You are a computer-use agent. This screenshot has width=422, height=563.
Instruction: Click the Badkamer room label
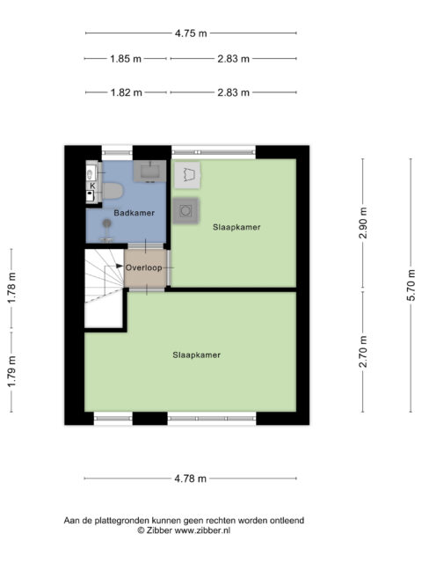click(x=135, y=213)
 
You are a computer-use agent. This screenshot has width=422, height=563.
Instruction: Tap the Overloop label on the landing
click(x=143, y=267)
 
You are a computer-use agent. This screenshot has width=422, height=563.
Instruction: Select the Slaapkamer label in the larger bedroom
click(x=197, y=355)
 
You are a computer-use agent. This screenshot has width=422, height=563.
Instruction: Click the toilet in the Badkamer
click(x=113, y=191)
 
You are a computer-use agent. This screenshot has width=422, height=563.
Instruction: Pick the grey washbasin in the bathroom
click(x=150, y=172)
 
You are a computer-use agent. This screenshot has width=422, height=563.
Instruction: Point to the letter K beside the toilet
click(x=92, y=186)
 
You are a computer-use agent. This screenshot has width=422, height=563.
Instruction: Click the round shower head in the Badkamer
click(x=106, y=223)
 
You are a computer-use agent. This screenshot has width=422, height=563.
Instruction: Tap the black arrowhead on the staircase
click(x=120, y=266)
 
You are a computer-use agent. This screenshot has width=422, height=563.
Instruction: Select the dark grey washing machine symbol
click(x=186, y=210)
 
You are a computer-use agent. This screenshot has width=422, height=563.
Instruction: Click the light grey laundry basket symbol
click(x=187, y=175)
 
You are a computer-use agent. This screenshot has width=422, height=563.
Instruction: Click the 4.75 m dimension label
click(x=191, y=33)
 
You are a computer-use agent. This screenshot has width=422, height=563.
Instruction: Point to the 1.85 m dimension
click(x=126, y=59)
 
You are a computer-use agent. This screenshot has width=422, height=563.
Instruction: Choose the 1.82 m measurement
click(x=126, y=92)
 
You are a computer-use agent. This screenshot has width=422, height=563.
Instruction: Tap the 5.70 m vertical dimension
click(x=411, y=285)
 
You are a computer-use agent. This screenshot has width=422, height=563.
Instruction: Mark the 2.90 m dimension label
click(x=363, y=223)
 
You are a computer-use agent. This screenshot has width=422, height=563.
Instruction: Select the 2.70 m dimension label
click(x=363, y=352)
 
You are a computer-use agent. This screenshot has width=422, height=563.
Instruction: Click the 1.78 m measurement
click(x=11, y=288)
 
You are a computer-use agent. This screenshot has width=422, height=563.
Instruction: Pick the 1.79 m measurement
click(x=11, y=371)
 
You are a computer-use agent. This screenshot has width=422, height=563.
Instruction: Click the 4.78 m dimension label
click(x=191, y=479)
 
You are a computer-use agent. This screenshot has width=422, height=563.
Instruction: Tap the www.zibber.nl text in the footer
click(x=202, y=530)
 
